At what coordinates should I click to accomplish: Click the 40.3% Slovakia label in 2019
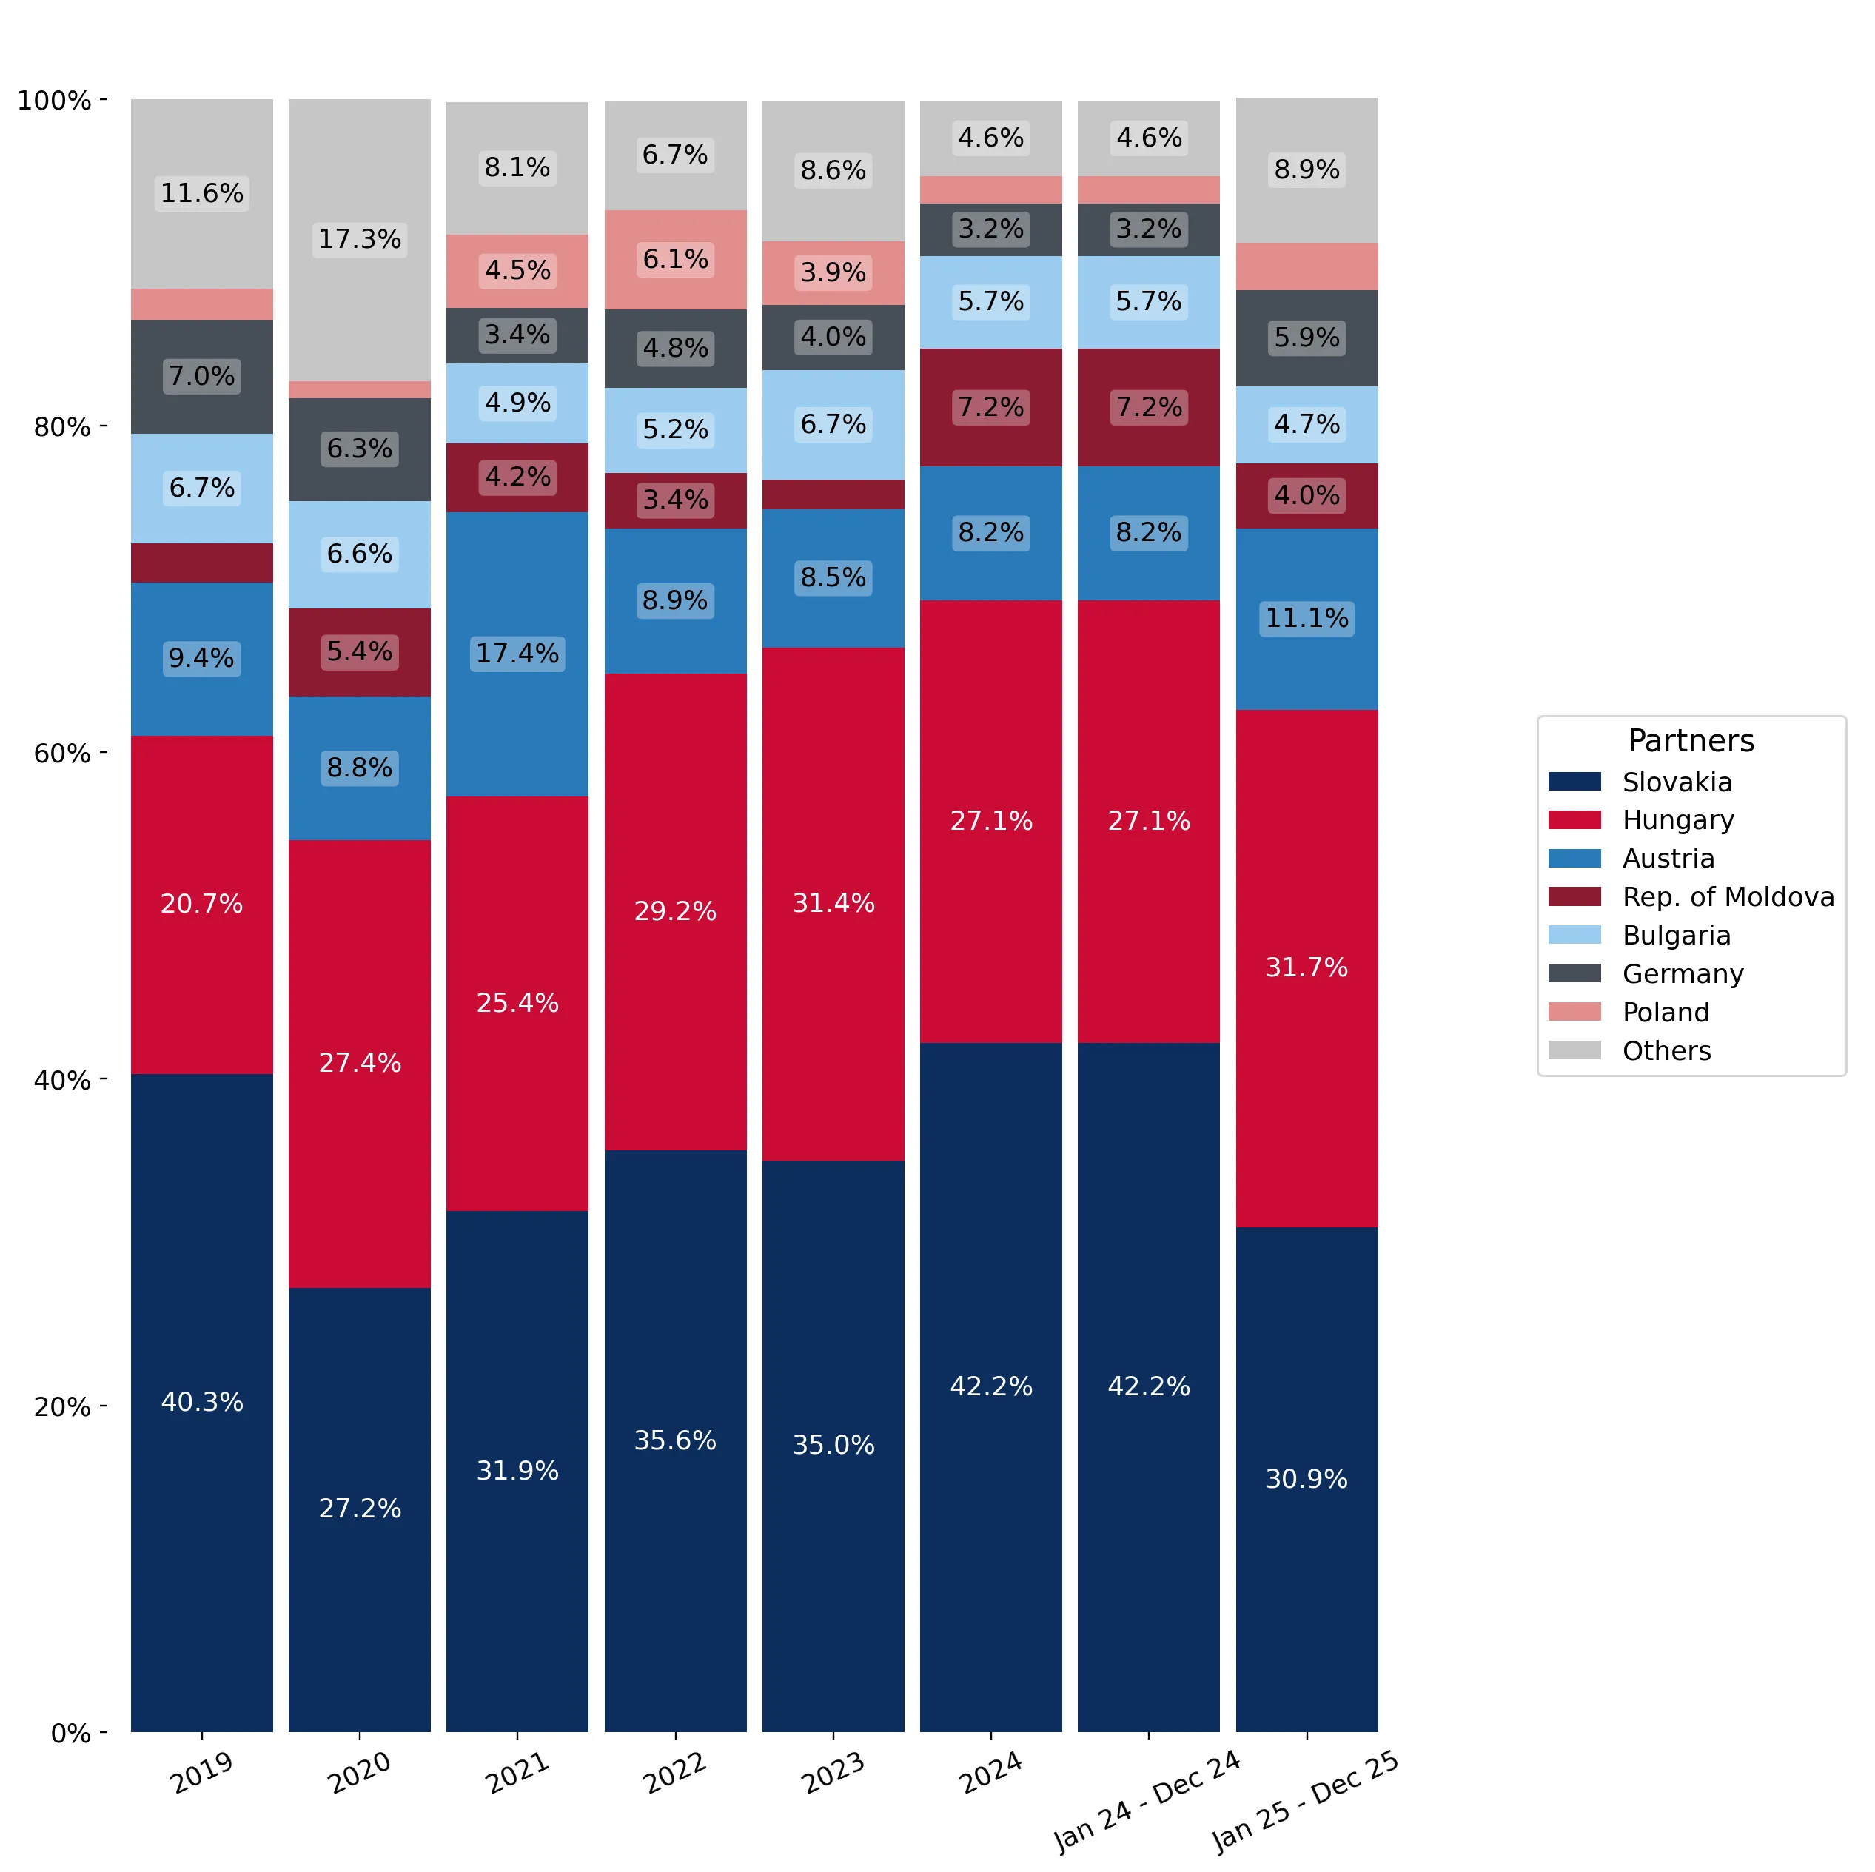pyautogui.click(x=202, y=1401)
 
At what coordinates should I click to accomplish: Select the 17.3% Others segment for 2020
pyautogui.click(x=359, y=240)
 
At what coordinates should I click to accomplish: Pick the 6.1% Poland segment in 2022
pyautogui.click(x=676, y=260)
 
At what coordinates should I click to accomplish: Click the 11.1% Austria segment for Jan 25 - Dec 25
pyautogui.click(x=1307, y=619)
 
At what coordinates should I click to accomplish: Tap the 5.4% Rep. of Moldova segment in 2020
pyautogui.click(x=359, y=652)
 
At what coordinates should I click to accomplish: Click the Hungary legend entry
pyautogui.click(x=1641, y=820)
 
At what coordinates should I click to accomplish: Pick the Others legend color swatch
pyautogui.click(x=1574, y=1050)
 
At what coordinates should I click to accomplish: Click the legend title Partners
pyautogui.click(x=1691, y=740)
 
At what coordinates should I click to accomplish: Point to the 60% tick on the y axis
pyautogui.click(x=104, y=753)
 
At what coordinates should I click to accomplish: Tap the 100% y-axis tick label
pyautogui.click(x=54, y=100)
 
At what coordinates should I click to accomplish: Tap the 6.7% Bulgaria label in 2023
pyautogui.click(x=833, y=424)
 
